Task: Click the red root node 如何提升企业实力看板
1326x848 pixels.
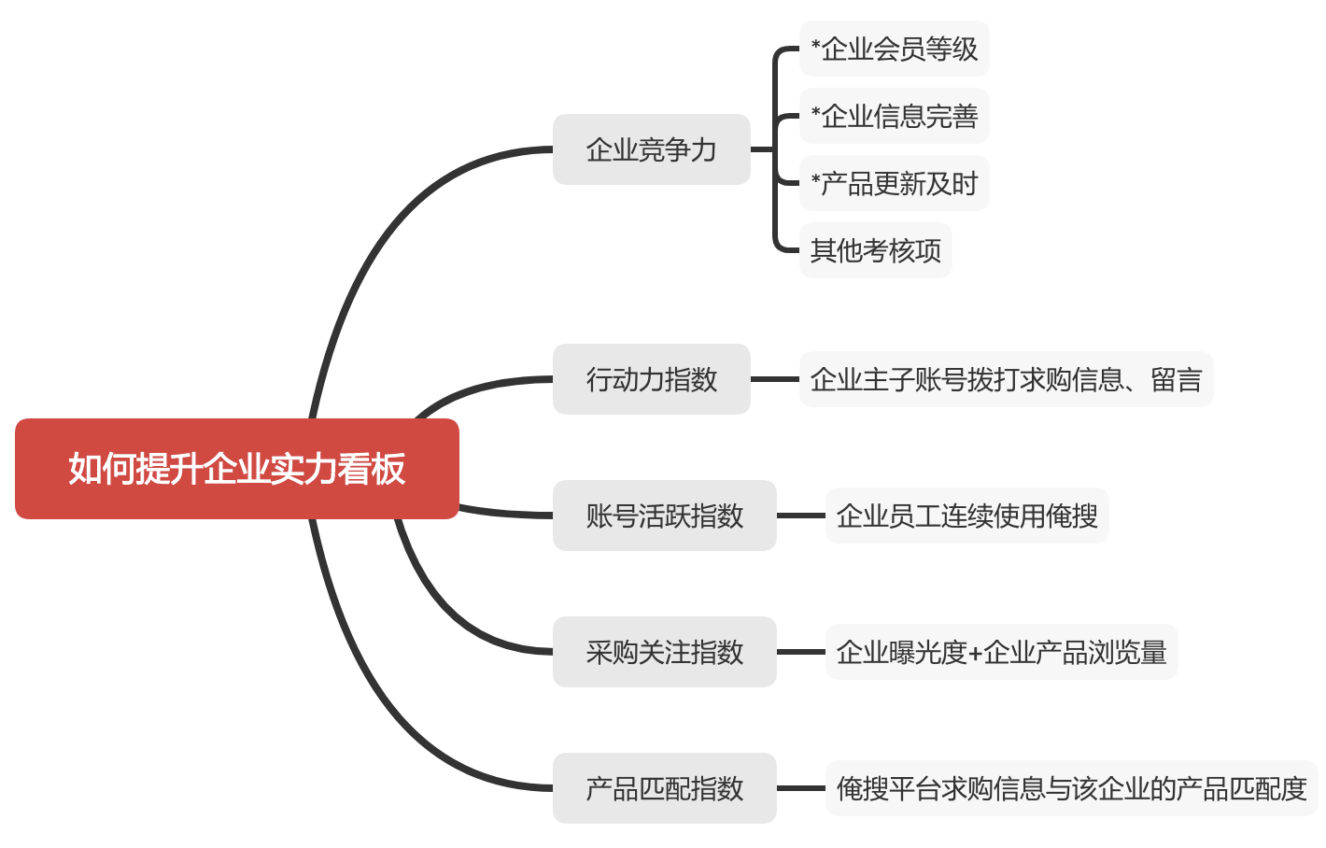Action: tap(236, 469)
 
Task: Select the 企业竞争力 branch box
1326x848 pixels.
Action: tap(651, 149)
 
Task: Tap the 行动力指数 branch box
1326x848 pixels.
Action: tap(651, 379)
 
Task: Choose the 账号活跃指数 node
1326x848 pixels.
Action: tap(664, 516)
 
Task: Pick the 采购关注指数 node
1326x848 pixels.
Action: tap(664, 652)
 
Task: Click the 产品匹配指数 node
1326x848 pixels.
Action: tap(664, 788)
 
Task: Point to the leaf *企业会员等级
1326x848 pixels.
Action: tap(894, 49)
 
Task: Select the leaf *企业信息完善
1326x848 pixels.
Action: tap(894, 116)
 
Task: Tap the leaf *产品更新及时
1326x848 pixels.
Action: tap(894, 183)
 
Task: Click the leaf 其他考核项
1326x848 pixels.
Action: tap(875, 250)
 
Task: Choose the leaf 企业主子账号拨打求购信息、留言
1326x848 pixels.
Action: tap(1006, 379)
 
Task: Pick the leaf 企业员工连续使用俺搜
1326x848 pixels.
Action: tap(966, 516)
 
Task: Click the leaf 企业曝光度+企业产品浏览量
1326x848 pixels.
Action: tap(1001, 652)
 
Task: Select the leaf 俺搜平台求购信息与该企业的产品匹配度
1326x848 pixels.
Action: tap(1071, 788)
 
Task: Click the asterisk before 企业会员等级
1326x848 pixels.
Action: tap(815, 45)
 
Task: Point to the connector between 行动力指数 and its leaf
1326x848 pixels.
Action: tap(775, 379)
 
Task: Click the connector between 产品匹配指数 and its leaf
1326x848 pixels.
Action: tap(801, 788)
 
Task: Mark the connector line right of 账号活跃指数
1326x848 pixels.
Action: tap(801, 516)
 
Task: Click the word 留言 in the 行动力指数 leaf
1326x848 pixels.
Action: tap(1176, 379)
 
